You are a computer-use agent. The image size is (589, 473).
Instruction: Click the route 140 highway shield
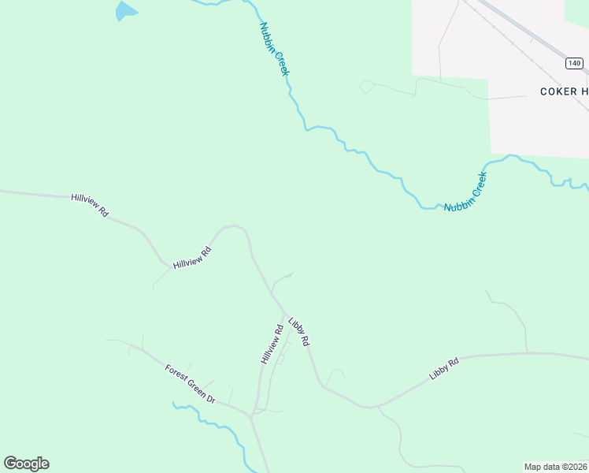tap(573, 63)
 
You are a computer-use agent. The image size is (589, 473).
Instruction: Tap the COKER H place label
tap(564, 91)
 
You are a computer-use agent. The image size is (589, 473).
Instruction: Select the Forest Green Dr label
tap(190, 384)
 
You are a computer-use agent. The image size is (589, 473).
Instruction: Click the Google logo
tap(26, 463)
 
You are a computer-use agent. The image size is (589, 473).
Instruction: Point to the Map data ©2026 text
tap(556, 467)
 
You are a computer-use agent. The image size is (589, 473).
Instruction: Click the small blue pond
tap(124, 11)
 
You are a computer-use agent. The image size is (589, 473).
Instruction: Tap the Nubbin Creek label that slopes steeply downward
tap(275, 49)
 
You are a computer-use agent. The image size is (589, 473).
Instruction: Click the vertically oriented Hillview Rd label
tap(272, 345)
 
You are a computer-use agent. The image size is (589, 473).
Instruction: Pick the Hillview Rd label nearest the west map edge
tap(89, 205)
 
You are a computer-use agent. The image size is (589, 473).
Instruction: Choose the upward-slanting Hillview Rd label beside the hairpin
tap(193, 258)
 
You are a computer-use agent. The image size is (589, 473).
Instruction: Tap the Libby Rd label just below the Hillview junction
tap(299, 332)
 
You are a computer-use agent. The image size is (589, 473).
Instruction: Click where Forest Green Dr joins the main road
tap(250, 414)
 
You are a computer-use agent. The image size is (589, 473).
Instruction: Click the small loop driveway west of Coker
tap(366, 87)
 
